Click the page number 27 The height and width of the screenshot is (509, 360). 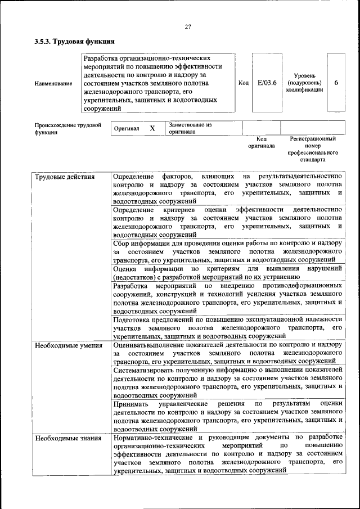pos(187,26)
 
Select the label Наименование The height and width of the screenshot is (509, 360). pos(53,84)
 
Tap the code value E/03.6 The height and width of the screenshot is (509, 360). pos(267,83)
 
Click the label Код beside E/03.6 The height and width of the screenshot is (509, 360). pos(244,83)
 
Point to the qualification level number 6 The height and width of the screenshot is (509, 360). pos(336,83)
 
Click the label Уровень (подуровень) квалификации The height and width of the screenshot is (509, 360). pos(304,83)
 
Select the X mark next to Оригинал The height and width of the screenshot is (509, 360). pos(152,128)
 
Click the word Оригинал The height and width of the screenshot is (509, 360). pos(127,129)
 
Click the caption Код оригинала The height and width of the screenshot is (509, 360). pos(262,142)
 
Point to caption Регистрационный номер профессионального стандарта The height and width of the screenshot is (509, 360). pos(313,149)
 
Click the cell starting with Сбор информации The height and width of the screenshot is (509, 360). pos(227,251)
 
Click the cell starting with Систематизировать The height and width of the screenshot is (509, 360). pos(227,382)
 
